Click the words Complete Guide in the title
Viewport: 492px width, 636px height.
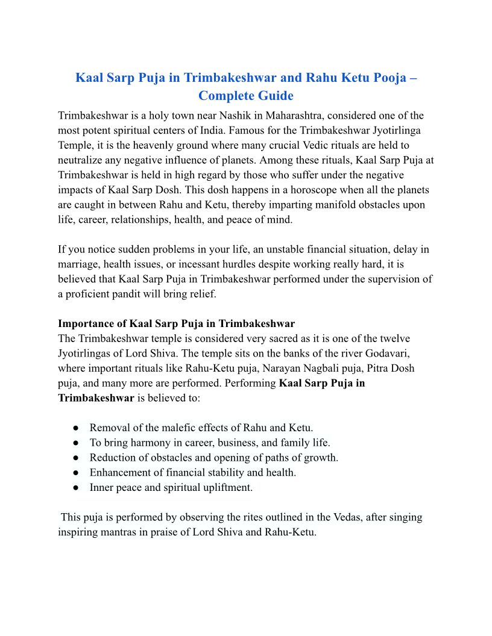click(246, 95)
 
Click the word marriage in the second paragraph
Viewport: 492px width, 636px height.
click(78, 264)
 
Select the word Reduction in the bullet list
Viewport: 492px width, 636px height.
click(113, 458)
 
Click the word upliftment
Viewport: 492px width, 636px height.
click(226, 487)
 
